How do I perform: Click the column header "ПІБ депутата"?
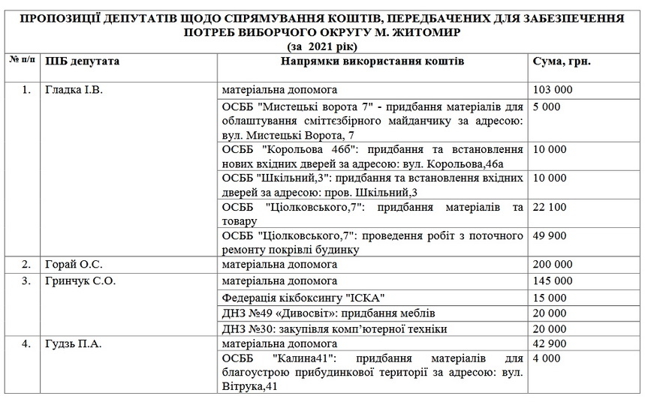click(x=82, y=61)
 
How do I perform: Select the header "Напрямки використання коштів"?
click(x=372, y=61)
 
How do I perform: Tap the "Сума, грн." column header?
click(x=561, y=61)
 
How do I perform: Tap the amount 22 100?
click(x=550, y=206)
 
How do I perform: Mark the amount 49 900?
click(x=550, y=235)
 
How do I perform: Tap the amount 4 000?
click(x=545, y=359)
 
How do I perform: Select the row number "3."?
click(x=26, y=280)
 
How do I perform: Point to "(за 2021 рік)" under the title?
click(x=322, y=47)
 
